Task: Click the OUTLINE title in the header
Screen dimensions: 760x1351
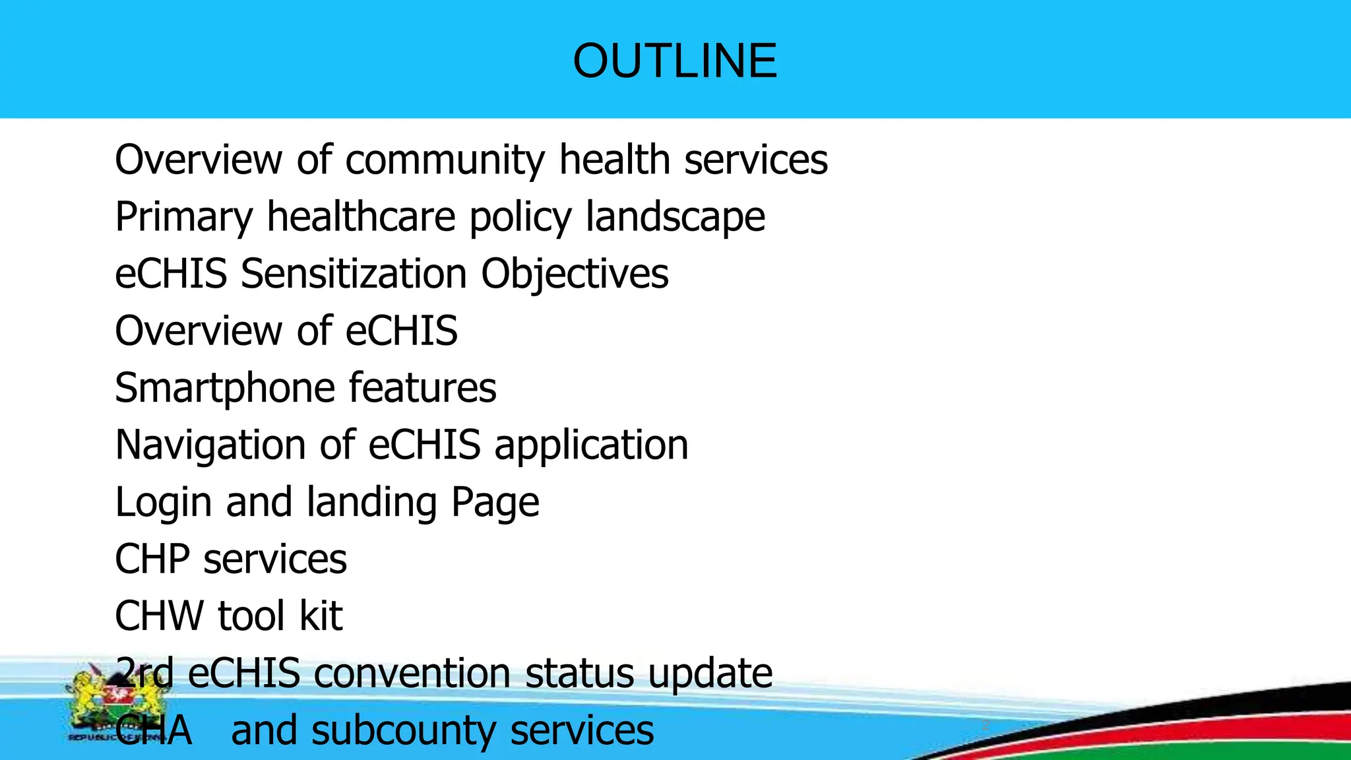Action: pos(675,61)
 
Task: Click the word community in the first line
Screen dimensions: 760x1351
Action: pos(445,160)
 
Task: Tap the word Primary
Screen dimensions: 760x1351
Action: pos(184,218)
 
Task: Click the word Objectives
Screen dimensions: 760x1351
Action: pos(575,274)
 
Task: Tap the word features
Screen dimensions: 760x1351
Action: pos(422,388)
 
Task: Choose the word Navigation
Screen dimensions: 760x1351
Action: pos(210,445)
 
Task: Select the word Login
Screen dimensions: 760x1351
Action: pos(164,503)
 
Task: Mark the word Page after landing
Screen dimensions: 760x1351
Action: pos(495,503)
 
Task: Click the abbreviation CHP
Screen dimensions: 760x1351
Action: pos(152,559)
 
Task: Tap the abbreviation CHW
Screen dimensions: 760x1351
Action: pos(159,616)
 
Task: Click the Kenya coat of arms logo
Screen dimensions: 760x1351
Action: pos(112,703)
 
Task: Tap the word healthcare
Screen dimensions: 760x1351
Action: pos(361,218)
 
